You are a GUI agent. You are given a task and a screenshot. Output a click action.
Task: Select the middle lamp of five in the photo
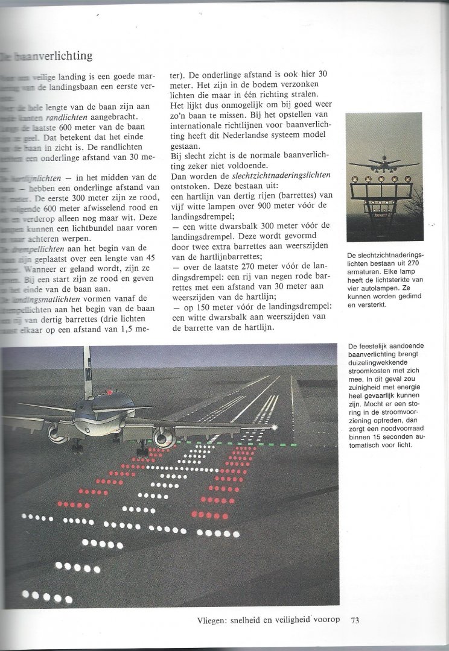tap(381, 178)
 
